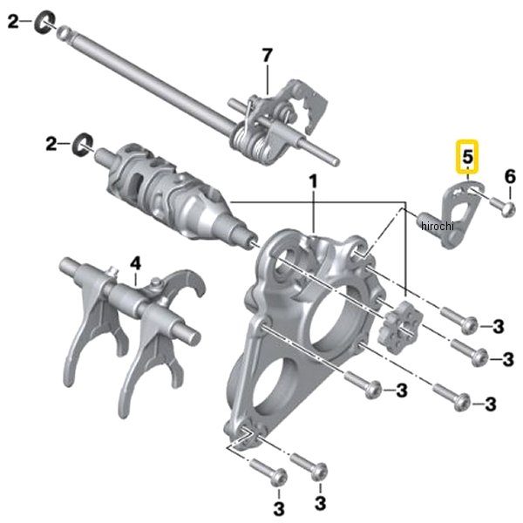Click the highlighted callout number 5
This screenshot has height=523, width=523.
tap(467, 156)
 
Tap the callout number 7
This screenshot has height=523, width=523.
tap(268, 56)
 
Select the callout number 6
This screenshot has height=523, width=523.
tap(510, 176)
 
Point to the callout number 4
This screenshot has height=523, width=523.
tap(135, 264)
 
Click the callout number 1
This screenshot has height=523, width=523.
tap(313, 182)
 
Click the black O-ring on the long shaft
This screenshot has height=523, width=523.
tap(44, 22)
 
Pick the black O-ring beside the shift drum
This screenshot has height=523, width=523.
tap(83, 145)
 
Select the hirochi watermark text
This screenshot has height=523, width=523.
tap(438, 226)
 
